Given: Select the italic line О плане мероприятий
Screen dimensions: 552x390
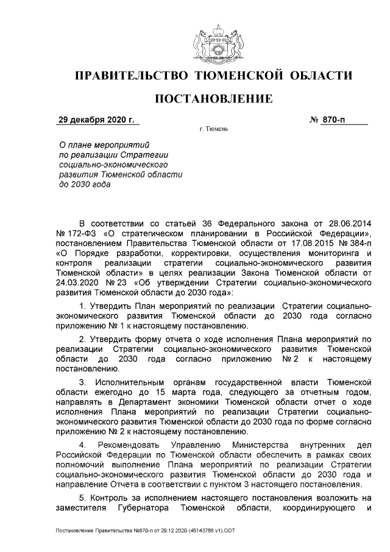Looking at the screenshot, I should pyautogui.click(x=96, y=146).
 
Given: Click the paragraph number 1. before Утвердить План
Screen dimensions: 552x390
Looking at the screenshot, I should pyautogui.click(x=83, y=305).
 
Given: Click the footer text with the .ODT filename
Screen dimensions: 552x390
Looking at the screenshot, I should pyautogui.click(x=145, y=531).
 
